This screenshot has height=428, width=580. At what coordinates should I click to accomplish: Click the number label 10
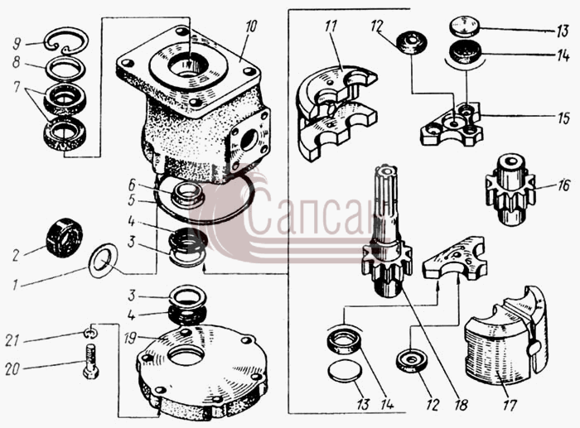click(x=250, y=26)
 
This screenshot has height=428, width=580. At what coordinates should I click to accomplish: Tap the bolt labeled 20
click(x=91, y=361)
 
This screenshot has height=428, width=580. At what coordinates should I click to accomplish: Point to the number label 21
click(x=12, y=340)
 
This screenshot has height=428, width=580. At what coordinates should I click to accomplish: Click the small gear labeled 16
click(x=510, y=190)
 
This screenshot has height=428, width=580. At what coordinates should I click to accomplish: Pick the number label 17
click(x=509, y=404)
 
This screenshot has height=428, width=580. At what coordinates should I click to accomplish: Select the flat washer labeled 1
click(x=103, y=262)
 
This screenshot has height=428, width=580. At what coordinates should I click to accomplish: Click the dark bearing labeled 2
click(x=65, y=237)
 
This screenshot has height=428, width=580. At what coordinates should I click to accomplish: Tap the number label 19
click(x=130, y=339)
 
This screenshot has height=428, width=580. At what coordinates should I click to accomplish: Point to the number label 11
click(x=331, y=27)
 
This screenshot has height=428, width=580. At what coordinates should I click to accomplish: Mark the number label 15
click(x=563, y=118)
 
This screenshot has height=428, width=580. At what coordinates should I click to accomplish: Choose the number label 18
click(x=461, y=405)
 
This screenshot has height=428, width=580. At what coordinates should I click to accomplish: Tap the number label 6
click(x=132, y=184)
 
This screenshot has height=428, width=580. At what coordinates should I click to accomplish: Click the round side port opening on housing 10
click(x=249, y=140)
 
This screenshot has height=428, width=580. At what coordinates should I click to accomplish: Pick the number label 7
click(x=17, y=87)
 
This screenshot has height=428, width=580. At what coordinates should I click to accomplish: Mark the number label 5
click(x=131, y=200)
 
